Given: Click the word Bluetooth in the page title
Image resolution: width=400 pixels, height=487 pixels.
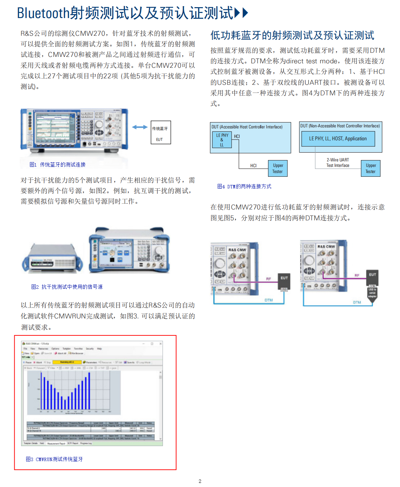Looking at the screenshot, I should (x=43, y=13).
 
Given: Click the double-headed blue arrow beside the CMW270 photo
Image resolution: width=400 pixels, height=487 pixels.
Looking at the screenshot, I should (x=140, y=127).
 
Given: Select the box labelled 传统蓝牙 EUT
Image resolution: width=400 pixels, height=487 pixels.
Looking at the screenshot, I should (x=161, y=132).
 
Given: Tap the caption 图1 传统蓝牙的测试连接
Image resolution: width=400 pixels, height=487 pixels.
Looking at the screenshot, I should (x=57, y=164).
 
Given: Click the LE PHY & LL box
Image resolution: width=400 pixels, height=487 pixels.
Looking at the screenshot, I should (x=222, y=140).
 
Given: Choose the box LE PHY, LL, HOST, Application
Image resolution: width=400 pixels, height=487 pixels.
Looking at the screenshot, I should (x=338, y=139).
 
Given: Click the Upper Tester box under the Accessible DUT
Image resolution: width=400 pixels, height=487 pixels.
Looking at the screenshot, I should (x=278, y=169).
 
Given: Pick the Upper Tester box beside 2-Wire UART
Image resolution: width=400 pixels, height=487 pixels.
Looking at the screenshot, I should (x=370, y=169).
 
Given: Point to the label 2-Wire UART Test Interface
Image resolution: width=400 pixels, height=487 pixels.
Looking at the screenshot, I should (x=338, y=163).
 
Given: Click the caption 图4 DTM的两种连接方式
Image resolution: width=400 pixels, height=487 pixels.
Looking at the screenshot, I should (x=244, y=186).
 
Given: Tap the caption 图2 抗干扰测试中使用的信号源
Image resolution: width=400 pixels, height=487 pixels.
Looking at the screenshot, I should (x=67, y=287).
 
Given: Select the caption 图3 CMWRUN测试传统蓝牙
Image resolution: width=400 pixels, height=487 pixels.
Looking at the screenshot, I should (x=54, y=459).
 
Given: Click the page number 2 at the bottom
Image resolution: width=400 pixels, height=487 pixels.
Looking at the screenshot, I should (x=200, y=481).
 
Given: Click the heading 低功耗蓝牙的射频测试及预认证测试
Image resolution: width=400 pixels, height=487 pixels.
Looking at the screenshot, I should (x=292, y=35).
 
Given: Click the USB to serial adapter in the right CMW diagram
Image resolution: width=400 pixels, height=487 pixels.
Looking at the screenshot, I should (x=372, y=292).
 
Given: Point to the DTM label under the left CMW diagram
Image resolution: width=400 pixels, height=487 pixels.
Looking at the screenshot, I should (x=269, y=300).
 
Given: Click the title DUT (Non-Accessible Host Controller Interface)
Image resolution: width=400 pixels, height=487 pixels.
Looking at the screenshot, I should (x=340, y=126).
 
